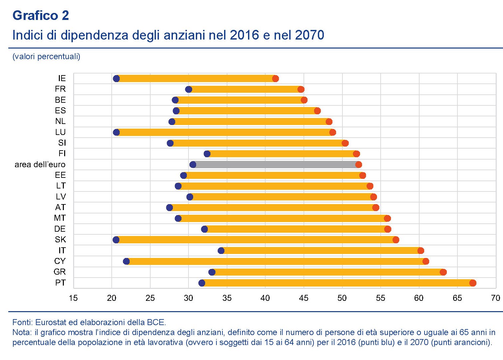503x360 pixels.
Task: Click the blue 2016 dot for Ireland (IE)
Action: (x=116, y=78)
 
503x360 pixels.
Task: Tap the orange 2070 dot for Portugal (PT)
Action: (x=473, y=283)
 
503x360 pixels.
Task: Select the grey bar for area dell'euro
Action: (x=276, y=165)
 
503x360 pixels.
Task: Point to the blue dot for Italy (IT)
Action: (x=221, y=251)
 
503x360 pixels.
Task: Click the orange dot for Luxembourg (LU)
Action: (x=332, y=132)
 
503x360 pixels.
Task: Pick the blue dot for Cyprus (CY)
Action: (x=126, y=261)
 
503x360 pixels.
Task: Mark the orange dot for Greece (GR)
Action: (x=443, y=272)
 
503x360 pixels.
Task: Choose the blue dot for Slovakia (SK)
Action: (x=116, y=240)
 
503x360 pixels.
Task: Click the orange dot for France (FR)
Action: (x=301, y=89)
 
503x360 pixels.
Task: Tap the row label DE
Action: (x=60, y=229)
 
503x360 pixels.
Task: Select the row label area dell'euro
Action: (x=40, y=165)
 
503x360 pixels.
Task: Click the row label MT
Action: (x=60, y=218)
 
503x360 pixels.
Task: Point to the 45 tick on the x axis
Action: (x=304, y=298)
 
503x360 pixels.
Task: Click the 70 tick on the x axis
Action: (x=495, y=298)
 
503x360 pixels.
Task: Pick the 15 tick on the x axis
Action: (x=73, y=298)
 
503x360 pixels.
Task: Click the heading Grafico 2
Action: (x=41, y=16)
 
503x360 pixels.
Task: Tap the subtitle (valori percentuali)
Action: (x=46, y=57)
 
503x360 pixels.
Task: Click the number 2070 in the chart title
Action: (x=309, y=35)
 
